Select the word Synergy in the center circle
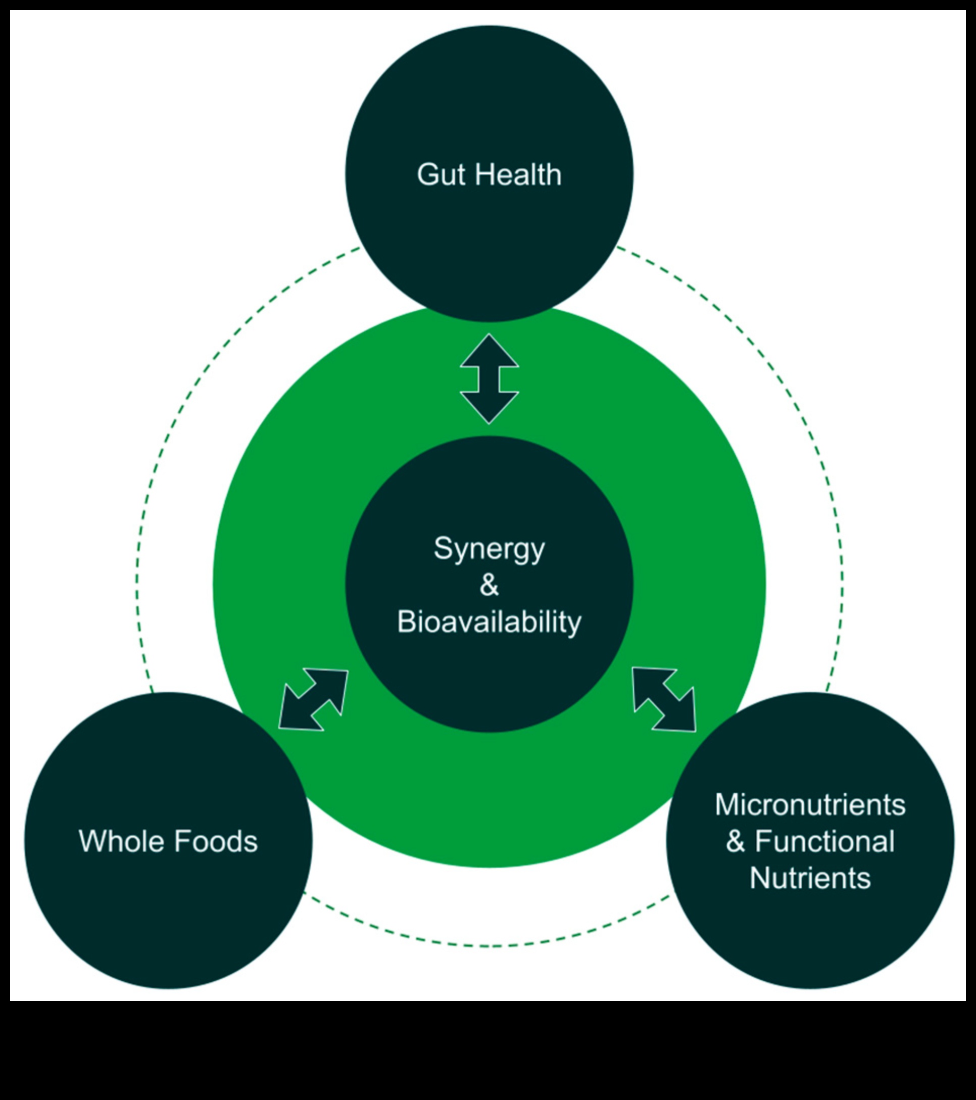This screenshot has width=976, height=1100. [489, 549]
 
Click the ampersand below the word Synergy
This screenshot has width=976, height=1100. [489, 585]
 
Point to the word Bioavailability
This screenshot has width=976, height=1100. [489, 621]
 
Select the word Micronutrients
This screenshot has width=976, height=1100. [810, 804]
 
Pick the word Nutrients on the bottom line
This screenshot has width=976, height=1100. [810, 878]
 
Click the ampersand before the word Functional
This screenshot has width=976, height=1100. [736, 841]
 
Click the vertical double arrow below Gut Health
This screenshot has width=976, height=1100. [489, 379]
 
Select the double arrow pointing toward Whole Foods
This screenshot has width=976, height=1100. [313, 700]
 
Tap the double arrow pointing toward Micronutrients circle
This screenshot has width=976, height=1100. [664, 700]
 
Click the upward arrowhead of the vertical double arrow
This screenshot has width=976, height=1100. [489, 353]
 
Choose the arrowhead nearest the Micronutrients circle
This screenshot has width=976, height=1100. [680, 716]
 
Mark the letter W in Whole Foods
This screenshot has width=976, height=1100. [91, 841]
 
